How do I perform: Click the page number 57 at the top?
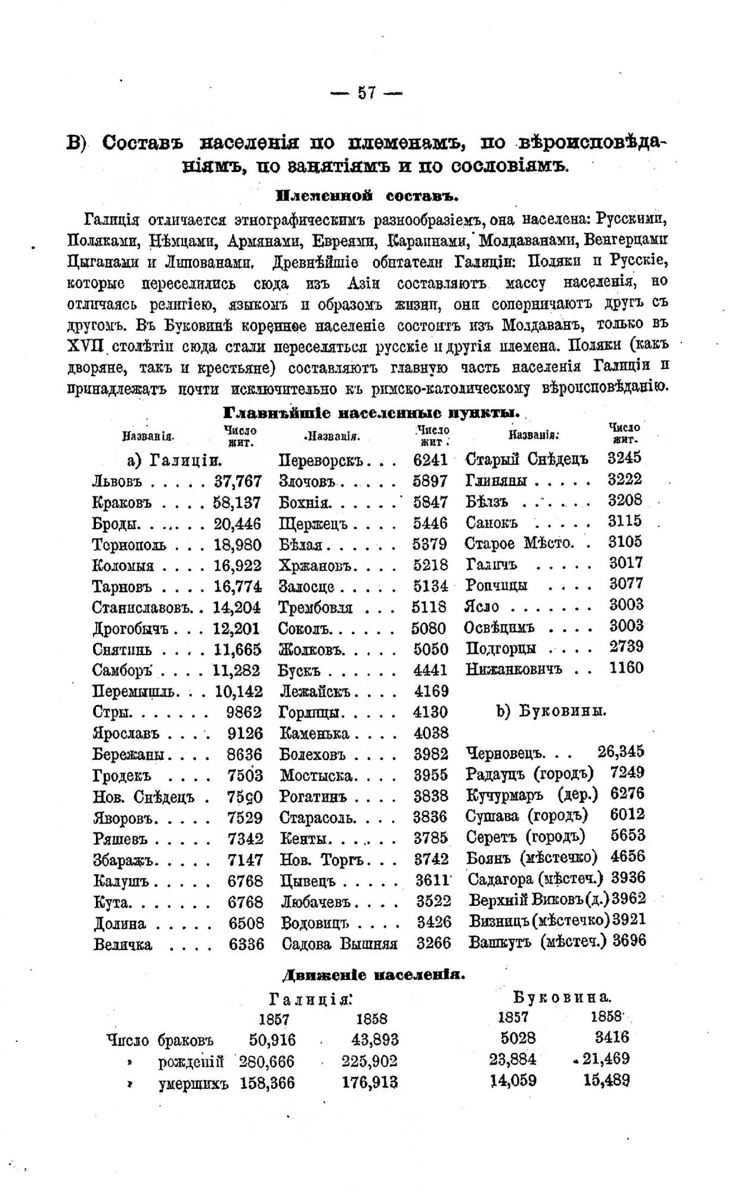[x=366, y=93]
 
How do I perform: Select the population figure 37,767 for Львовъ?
[x=237, y=481]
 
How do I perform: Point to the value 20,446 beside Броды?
[x=237, y=523]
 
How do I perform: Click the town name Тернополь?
[x=129, y=545]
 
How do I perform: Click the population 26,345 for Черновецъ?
[x=621, y=751]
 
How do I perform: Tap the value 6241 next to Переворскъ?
[x=429, y=460]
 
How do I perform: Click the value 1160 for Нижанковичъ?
[x=626, y=668]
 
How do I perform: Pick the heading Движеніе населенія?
[x=373, y=976]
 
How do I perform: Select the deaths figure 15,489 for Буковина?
[x=605, y=1080]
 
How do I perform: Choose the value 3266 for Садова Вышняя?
[x=433, y=943]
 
